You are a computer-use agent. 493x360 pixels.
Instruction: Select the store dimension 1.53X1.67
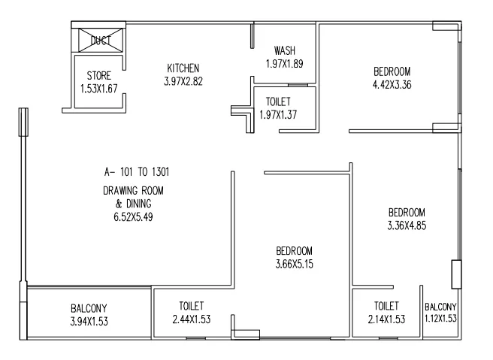pyautogui.click(x=99, y=88)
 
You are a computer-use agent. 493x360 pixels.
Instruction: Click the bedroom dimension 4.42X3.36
pyautogui.click(x=392, y=85)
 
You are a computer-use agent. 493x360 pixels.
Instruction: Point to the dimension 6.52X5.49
pyautogui.click(x=132, y=216)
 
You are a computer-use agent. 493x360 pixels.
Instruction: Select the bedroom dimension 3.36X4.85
pyautogui.click(x=407, y=225)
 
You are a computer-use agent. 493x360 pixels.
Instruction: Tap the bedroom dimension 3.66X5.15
pyautogui.click(x=293, y=263)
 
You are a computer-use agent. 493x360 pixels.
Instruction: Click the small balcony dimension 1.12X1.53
pyautogui.click(x=441, y=319)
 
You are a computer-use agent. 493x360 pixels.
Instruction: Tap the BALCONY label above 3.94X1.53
pyautogui.click(x=88, y=308)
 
